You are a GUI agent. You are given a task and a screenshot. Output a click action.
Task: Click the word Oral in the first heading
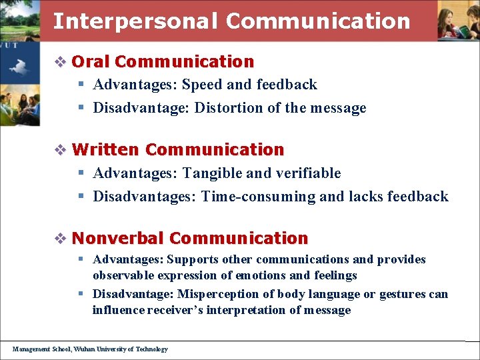click(90, 62)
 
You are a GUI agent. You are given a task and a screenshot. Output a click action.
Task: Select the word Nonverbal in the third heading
click(117, 238)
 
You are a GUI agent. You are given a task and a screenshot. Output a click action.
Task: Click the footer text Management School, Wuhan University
click(90, 349)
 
